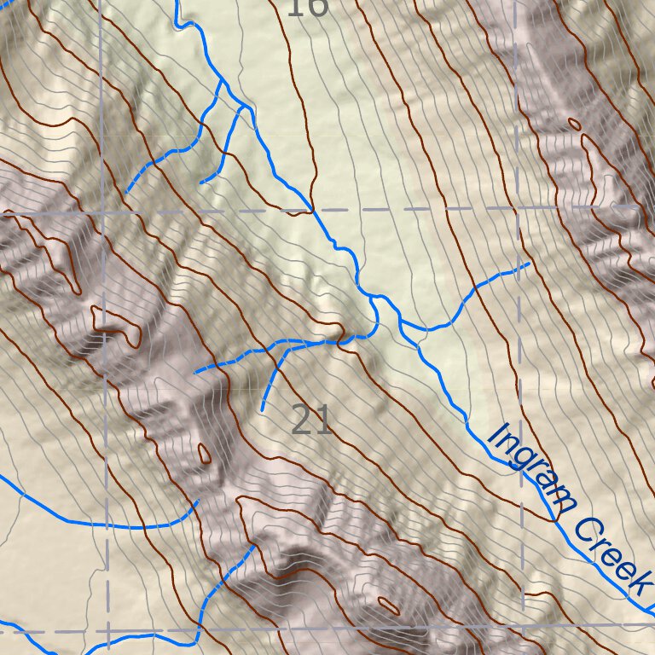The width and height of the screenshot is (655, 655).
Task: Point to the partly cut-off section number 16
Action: coord(306,8)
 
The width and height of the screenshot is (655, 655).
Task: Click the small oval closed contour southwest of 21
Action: coord(204,453)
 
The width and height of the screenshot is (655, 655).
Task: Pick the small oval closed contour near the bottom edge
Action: coord(388,606)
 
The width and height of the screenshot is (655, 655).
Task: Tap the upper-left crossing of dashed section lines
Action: coord(101,211)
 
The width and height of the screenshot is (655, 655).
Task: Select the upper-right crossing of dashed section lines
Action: coord(517,207)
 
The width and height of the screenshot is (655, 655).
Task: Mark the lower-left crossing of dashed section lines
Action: coord(107,632)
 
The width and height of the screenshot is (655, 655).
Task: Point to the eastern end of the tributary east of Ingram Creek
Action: coord(530,264)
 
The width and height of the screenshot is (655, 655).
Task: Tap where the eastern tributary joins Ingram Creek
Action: coord(401,323)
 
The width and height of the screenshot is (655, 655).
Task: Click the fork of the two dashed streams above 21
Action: coord(283,345)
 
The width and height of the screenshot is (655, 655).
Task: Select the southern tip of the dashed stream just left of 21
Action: coord(262,411)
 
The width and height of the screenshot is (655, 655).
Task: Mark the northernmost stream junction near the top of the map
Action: coord(223,81)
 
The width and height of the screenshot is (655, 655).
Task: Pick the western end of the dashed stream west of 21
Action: coord(196,372)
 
